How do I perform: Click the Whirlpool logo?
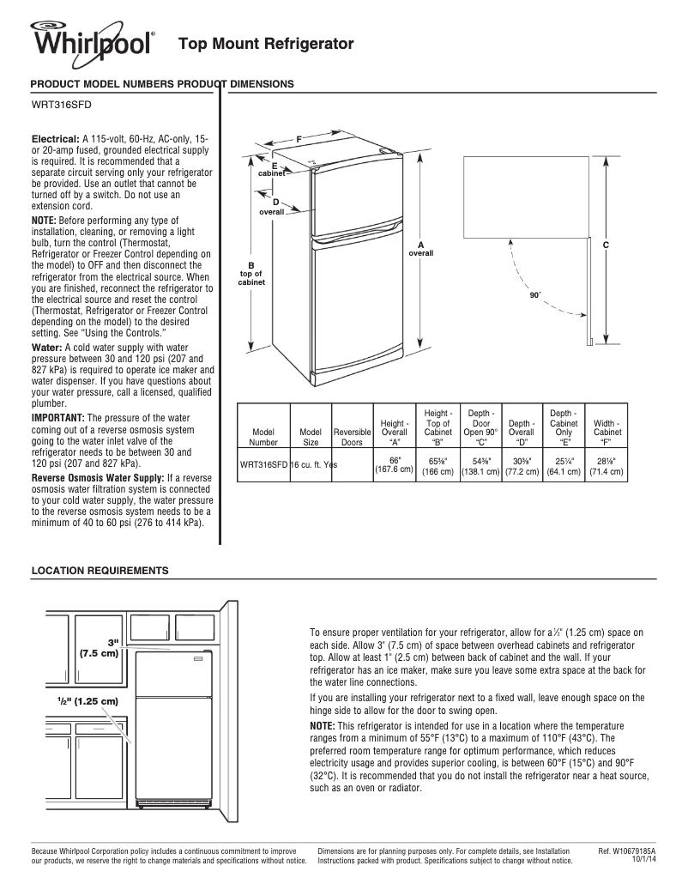coord(94,41)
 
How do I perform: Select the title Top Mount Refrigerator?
coord(265,43)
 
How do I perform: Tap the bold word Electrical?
coord(56,138)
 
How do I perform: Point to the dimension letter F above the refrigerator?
coord(299,137)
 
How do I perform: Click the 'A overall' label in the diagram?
coord(420,250)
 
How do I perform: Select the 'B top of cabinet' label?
coord(251,273)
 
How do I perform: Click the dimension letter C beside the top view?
coord(606,245)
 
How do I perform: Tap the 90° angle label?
coord(535,294)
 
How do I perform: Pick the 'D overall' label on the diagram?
coord(273,206)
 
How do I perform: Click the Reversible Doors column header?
coord(352,438)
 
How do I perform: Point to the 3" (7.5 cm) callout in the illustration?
coord(100,647)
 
